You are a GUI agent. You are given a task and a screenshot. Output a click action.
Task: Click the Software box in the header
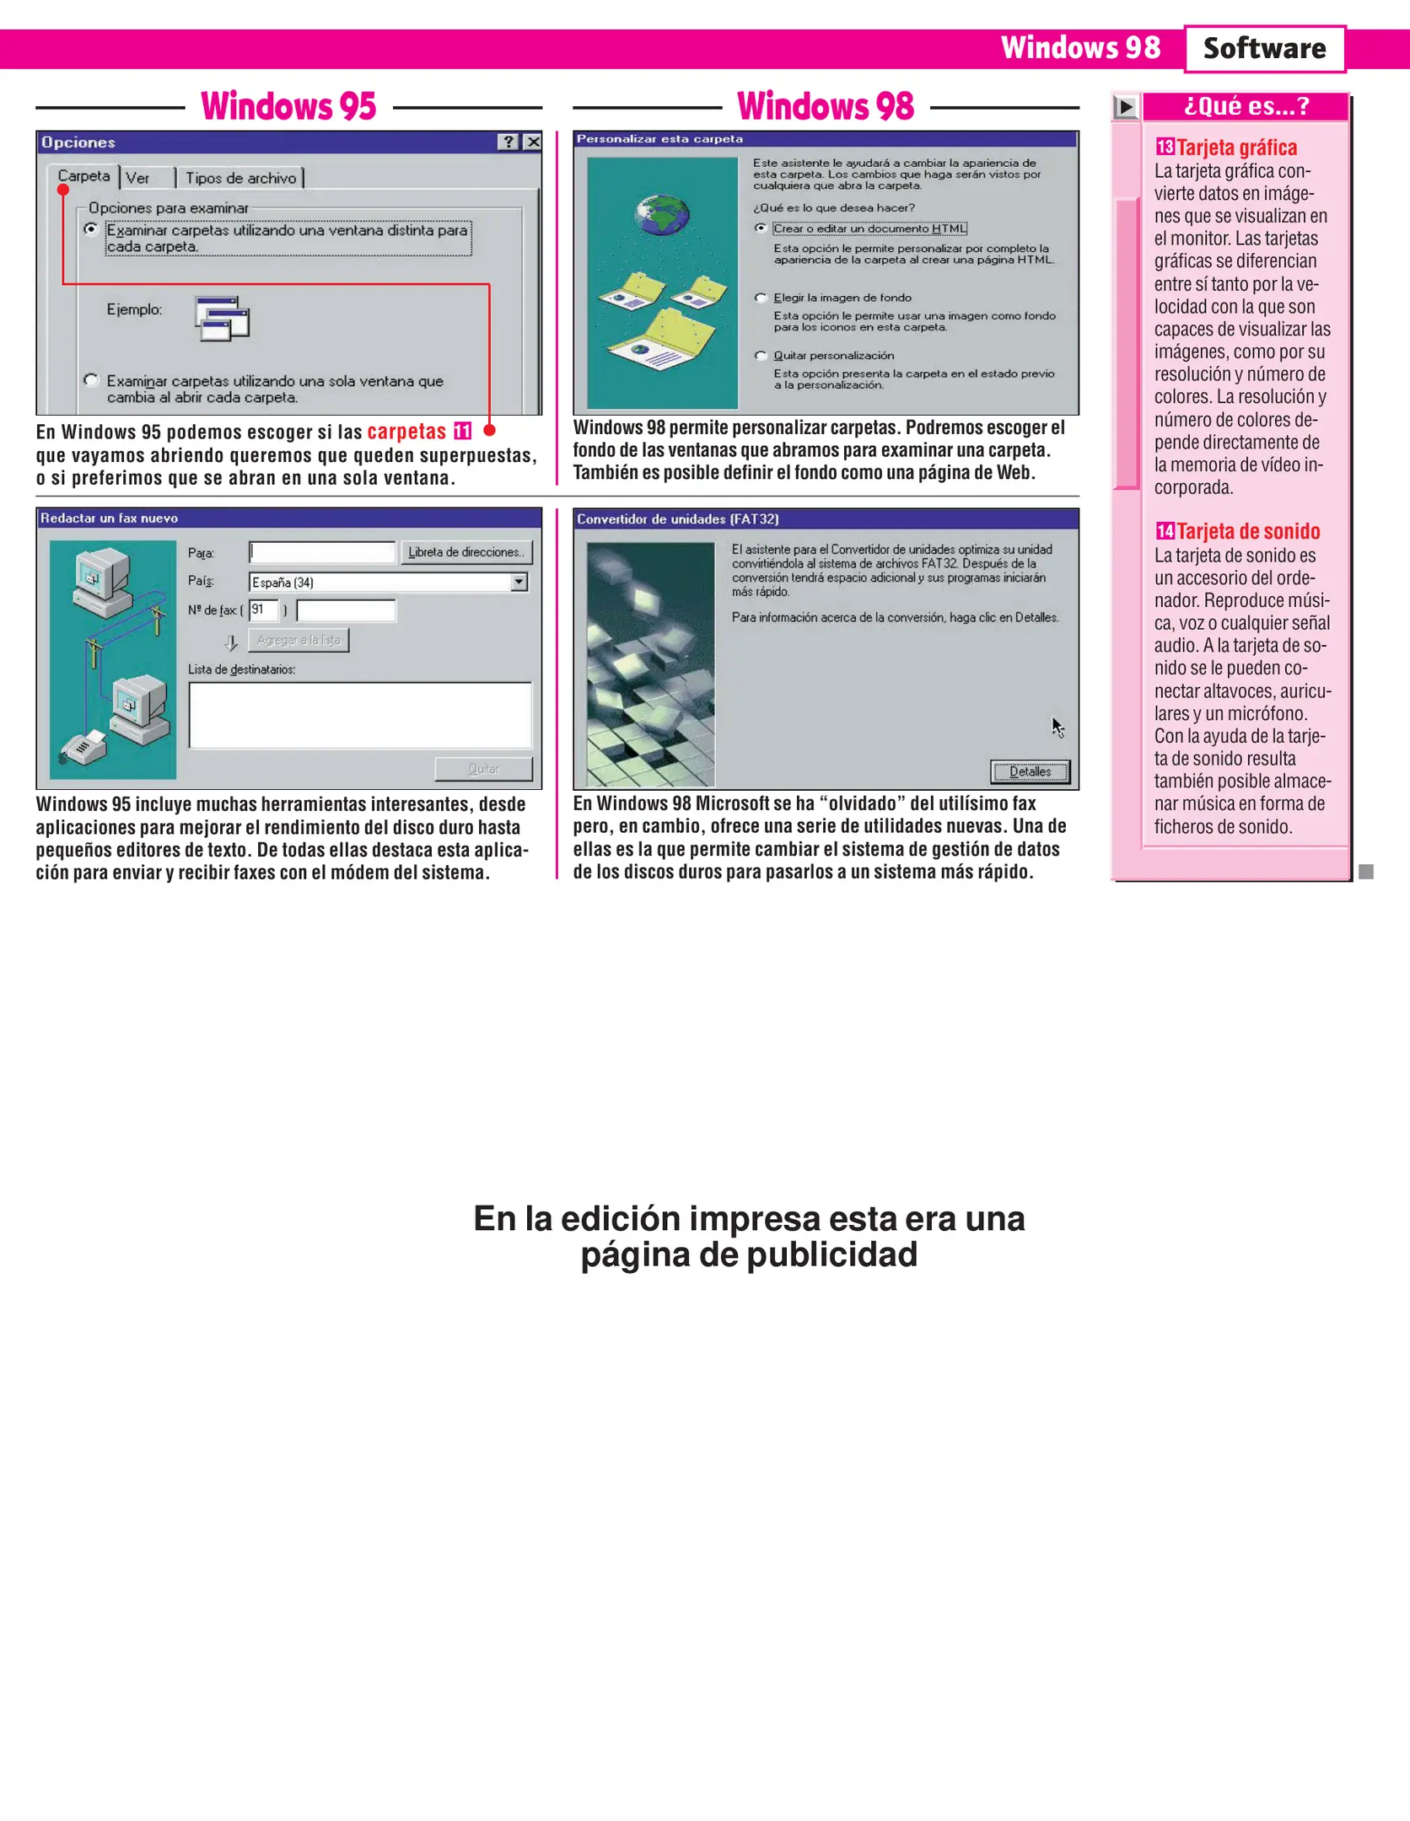coord(1263,49)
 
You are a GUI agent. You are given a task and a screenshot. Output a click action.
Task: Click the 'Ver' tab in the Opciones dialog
coord(138,178)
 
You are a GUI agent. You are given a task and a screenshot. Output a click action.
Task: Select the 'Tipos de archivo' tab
coord(240,178)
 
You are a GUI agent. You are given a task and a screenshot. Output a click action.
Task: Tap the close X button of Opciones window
coord(532,142)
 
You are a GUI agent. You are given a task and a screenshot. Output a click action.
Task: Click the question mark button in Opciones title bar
coord(508,142)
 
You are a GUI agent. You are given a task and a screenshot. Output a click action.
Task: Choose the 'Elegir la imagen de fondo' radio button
coord(761,298)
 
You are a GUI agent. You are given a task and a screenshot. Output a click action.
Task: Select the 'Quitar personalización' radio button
coord(761,356)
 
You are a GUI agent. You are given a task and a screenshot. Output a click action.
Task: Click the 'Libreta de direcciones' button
coord(466,552)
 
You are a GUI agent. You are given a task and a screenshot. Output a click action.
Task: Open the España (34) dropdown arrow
coord(519,582)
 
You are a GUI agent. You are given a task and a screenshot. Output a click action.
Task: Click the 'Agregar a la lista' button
coord(299,640)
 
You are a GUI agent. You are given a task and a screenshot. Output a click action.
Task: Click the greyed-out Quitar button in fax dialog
coord(483,769)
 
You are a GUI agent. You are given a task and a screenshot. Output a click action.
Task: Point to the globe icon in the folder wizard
coord(663,215)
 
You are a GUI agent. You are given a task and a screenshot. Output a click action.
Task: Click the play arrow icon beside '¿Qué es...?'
coord(1126,107)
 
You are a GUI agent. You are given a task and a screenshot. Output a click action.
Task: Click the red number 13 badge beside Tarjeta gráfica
coord(1165,147)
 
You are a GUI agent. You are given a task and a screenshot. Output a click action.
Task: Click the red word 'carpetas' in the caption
coord(406,432)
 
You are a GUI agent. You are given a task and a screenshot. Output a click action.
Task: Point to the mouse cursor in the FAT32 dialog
coord(1057,727)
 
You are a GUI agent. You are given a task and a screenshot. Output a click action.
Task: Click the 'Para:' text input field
coord(322,552)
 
